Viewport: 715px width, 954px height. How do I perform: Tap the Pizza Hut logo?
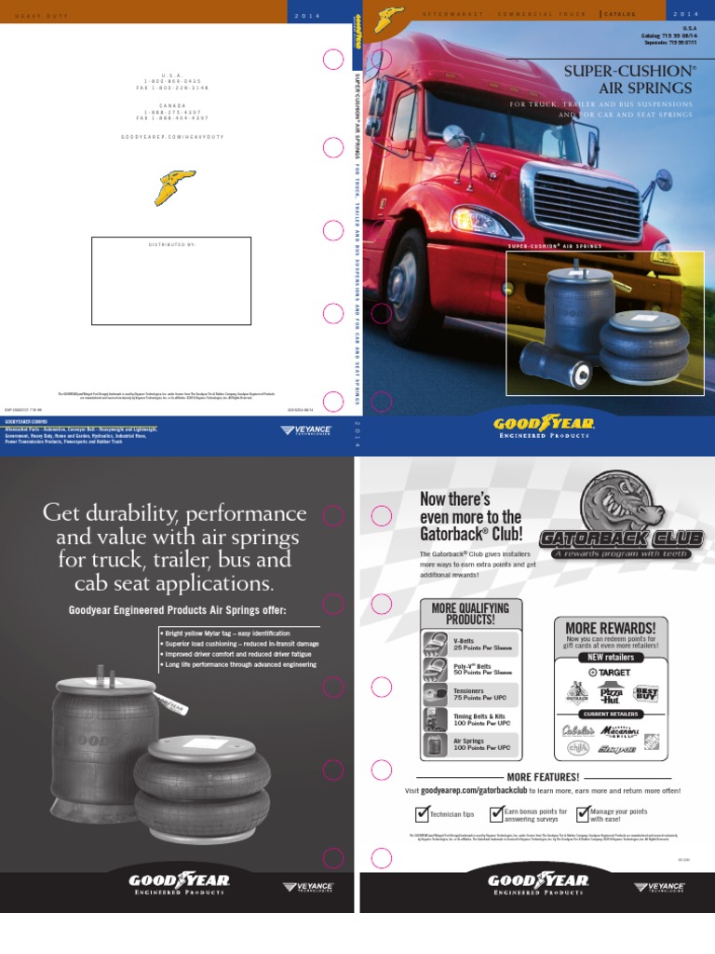(611, 694)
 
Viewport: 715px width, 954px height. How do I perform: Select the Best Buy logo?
(645, 694)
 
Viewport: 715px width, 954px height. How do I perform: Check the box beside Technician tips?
(422, 812)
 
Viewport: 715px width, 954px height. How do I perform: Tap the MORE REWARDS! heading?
(610, 627)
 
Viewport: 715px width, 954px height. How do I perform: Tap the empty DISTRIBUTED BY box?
(170, 281)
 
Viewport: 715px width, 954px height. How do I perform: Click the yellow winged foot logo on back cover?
(173, 187)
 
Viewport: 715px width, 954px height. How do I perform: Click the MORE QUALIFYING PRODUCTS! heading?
(470, 613)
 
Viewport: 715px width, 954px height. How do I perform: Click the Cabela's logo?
(577, 730)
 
